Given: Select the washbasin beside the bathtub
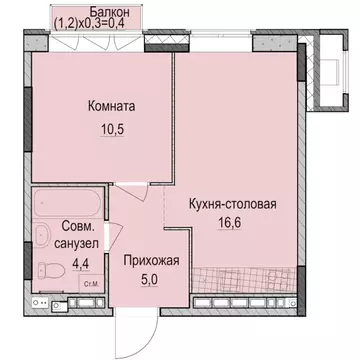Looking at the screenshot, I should coord(44,237).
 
